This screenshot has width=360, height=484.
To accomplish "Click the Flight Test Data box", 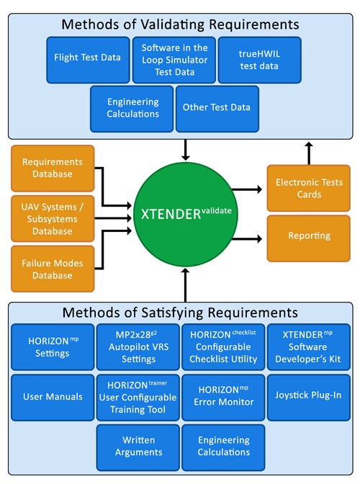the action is [x=88, y=60].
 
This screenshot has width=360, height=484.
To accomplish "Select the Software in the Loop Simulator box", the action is [x=174, y=60].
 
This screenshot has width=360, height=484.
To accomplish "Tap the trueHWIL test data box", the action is [x=260, y=60].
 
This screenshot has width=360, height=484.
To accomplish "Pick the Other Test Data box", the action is [x=217, y=109].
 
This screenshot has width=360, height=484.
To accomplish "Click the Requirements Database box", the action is [x=53, y=169].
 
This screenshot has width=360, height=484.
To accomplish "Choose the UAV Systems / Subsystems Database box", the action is [x=53, y=218].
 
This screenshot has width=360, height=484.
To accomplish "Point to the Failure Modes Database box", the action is [x=53, y=269].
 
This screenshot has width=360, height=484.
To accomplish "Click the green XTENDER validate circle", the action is [x=186, y=215].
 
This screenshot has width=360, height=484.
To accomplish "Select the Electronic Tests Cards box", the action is [x=308, y=188].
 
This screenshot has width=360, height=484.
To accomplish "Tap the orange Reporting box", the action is [x=308, y=238].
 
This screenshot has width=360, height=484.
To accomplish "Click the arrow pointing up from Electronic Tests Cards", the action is [x=309, y=153].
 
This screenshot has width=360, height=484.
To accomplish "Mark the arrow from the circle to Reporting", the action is [x=247, y=238].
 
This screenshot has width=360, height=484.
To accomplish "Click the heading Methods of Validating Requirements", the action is [x=180, y=24].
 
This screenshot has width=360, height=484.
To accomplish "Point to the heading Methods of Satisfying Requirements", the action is [x=180, y=313].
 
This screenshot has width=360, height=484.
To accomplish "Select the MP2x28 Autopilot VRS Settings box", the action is [x=138, y=347].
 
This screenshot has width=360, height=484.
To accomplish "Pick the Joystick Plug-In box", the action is [x=308, y=398].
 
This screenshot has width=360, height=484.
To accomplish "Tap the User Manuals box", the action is [x=53, y=398].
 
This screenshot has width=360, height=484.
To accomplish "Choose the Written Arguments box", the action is [x=138, y=447].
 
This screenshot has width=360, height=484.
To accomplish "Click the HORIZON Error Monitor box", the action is [x=223, y=398].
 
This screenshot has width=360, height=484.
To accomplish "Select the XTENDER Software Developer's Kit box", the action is [x=308, y=347].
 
